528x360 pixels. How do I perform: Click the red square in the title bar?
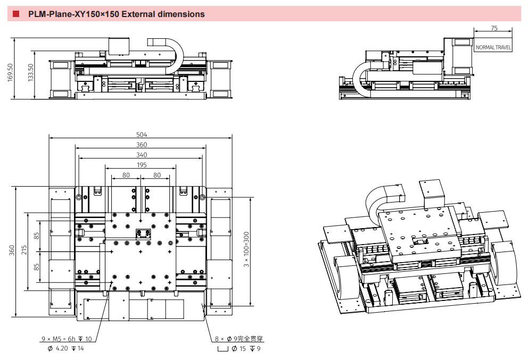[16, 14]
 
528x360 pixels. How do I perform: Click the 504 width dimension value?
[142, 135]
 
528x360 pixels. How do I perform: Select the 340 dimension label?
[142, 155]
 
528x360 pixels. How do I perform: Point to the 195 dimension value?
[142, 165]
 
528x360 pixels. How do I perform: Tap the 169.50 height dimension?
[11, 72]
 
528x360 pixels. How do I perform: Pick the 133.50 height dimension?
[31, 72]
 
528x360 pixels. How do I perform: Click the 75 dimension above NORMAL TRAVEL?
[494, 28]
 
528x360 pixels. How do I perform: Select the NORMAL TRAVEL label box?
[493, 47]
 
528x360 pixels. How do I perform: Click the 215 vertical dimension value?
[24, 249]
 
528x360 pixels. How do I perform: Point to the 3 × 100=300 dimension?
[246, 249]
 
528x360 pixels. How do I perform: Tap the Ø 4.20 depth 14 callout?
[65, 348]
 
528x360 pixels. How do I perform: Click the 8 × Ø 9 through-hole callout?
[239, 339]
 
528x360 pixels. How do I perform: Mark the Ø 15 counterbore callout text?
[239, 348]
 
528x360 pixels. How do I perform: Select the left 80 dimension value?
[126, 175]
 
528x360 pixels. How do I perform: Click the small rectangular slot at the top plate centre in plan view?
[143, 233]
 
